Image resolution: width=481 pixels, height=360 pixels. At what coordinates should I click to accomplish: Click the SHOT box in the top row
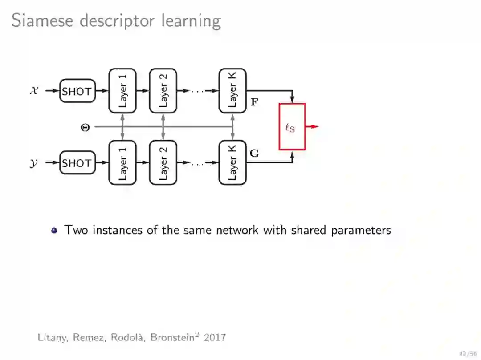pyautogui.click(x=77, y=91)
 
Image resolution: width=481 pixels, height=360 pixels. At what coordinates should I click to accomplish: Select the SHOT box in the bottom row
pyautogui.click(x=77, y=163)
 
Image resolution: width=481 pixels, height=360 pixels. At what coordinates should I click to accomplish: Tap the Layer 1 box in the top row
pyautogui.click(x=122, y=91)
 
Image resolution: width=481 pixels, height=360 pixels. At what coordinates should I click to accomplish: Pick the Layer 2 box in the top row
pyautogui.click(x=163, y=91)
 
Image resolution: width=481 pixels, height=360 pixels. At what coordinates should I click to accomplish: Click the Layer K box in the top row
pyautogui.click(x=232, y=91)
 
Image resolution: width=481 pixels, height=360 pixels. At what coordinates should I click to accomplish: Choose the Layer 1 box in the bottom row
pyautogui.click(x=122, y=162)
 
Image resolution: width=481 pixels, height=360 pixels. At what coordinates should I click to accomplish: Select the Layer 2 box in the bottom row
pyautogui.click(x=163, y=162)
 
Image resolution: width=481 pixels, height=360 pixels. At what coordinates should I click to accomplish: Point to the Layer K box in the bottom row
pyautogui.click(x=232, y=162)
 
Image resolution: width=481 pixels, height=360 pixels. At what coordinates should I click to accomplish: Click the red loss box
pyautogui.click(x=292, y=127)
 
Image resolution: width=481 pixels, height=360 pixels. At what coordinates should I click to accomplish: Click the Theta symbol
pyautogui.click(x=85, y=127)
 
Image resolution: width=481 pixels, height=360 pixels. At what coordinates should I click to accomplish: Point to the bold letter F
pyautogui.click(x=254, y=102)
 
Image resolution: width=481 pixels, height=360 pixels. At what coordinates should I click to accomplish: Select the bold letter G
pyautogui.click(x=254, y=154)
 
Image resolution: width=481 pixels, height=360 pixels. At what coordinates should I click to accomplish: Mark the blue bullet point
pyautogui.click(x=54, y=231)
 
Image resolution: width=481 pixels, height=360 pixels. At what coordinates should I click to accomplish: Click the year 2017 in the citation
pyautogui.click(x=215, y=337)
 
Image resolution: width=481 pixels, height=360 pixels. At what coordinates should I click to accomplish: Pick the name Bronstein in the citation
pyautogui.click(x=174, y=337)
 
